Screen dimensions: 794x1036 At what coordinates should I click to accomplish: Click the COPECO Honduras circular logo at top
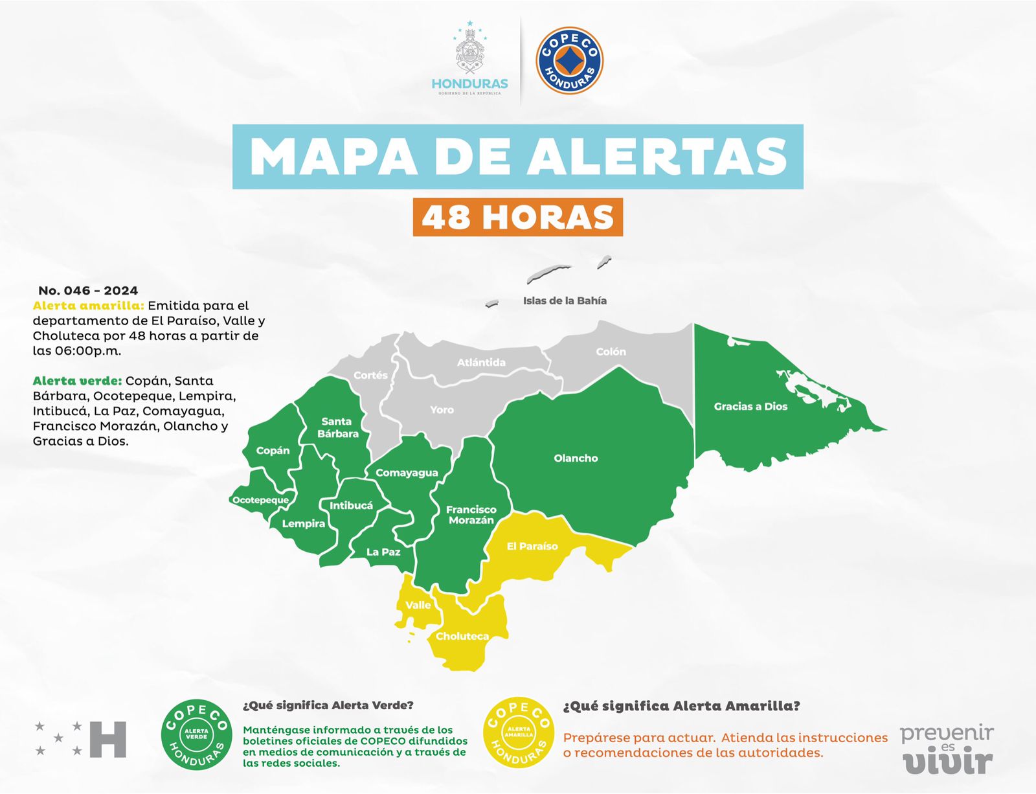(x=569, y=60)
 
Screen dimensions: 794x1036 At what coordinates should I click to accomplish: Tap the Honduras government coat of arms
(x=469, y=52)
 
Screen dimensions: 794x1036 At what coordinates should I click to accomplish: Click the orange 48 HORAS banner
(x=517, y=217)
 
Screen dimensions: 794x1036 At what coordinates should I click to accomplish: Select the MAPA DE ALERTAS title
(x=518, y=157)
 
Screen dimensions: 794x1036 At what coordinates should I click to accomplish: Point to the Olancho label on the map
(x=576, y=459)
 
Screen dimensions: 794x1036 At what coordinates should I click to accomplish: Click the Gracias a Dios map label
(x=750, y=407)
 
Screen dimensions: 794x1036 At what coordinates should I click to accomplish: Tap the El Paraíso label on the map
(x=532, y=547)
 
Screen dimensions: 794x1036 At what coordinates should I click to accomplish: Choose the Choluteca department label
(x=462, y=637)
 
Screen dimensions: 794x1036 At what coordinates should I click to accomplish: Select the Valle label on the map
(x=418, y=605)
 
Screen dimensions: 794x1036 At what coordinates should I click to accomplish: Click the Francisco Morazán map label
(x=471, y=515)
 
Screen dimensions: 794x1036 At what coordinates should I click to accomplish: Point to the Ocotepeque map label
(x=260, y=500)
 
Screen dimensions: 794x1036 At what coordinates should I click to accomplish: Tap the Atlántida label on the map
(x=481, y=363)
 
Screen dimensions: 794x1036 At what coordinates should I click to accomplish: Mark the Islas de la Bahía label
(x=565, y=301)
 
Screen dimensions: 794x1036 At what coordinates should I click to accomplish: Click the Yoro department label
(x=442, y=410)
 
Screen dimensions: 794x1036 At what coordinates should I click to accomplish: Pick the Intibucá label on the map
(x=351, y=506)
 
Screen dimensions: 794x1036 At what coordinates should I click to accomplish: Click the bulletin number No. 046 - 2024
(x=88, y=291)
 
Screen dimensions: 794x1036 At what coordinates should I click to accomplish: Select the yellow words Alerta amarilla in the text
(x=88, y=306)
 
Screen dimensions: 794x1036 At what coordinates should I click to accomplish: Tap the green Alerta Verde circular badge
(x=196, y=734)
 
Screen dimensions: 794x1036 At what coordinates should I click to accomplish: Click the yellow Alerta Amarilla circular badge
(x=519, y=734)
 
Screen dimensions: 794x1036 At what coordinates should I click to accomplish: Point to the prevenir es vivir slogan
(x=947, y=749)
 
